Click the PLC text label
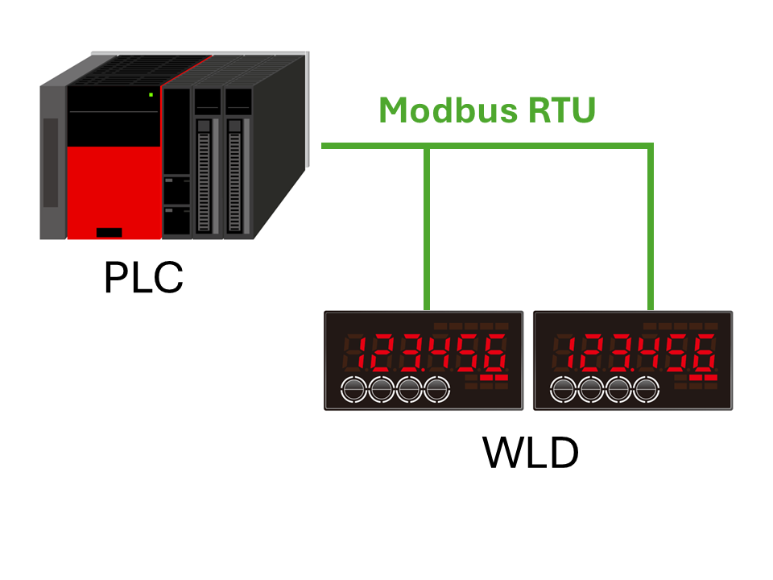coord(143,277)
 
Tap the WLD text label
coord(531,454)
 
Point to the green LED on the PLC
coord(151,95)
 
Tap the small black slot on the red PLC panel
coord(109,233)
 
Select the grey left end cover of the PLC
coord(52,161)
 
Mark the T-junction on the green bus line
coord(427,147)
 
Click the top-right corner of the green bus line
coord(651,147)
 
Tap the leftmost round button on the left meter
coord(353,390)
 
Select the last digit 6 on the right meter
coord(705,352)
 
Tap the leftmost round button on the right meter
coord(563,390)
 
